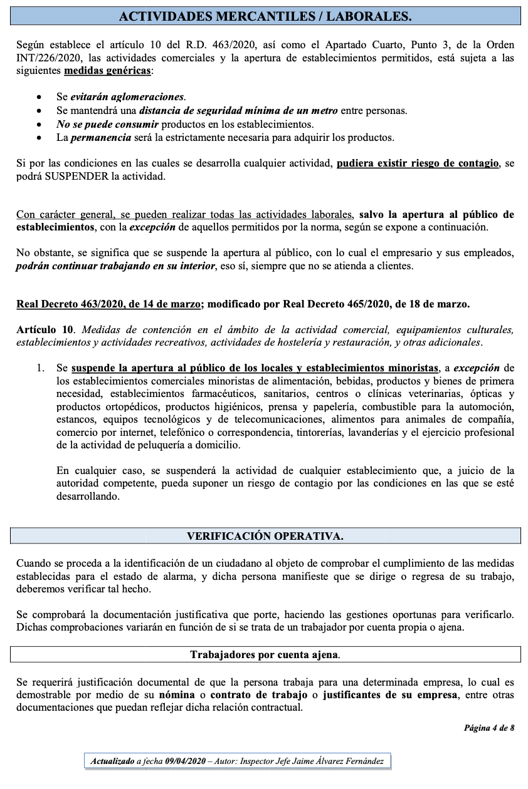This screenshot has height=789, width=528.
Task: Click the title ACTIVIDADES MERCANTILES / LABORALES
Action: click(x=265, y=17)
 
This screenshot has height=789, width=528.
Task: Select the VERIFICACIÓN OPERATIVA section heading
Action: click(x=265, y=536)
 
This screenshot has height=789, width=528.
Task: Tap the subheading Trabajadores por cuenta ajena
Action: click(x=265, y=655)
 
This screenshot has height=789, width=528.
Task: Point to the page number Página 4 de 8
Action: click(x=489, y=728)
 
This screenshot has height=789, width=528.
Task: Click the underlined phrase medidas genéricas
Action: click(x=107, y=71)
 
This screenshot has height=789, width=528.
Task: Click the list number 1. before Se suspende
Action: click(x=41, y=368)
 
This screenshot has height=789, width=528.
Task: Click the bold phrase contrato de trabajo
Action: click(x=258, y=696)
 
